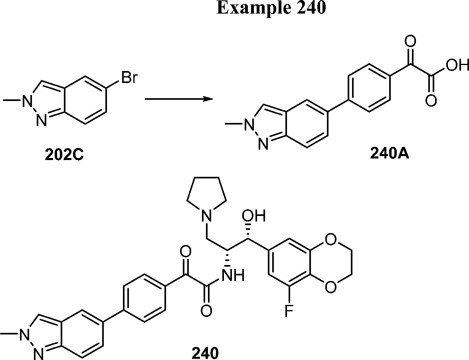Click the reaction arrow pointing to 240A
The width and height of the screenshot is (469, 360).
[x=178, y=99]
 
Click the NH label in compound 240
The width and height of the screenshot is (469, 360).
[x=233, y=275]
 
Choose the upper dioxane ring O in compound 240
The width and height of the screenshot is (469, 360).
[x=329, y=240]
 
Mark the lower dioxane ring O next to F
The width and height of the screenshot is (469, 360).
[x=329, y=287]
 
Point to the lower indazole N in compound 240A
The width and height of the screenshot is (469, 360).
[x=261, y=145]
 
